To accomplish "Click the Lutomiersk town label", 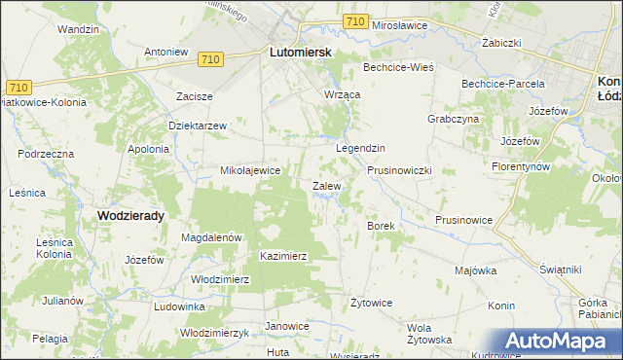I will point(300,56).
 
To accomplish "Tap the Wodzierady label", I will point(129,216).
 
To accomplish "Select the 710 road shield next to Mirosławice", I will point(355,21).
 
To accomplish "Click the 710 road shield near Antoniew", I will point(208,59).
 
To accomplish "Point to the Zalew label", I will point(325,185).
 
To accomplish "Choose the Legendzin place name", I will point(361,148).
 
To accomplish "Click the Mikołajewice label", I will point(250,170).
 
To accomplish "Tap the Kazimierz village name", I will point(284,256).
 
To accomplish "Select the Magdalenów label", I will point(211,236).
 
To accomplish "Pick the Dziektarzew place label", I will point(198,126).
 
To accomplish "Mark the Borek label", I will point(380,226).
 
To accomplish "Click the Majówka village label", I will point(476,270).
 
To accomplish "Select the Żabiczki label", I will point(504,44).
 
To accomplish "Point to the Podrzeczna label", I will point(46,154).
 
